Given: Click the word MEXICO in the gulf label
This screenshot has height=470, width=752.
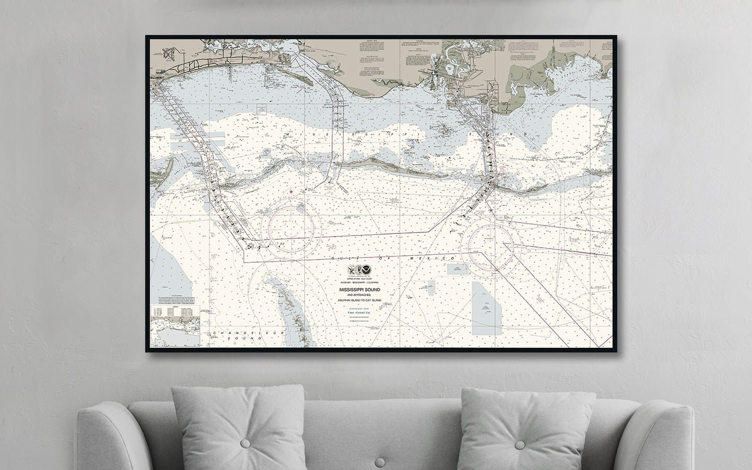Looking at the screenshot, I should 441,259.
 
